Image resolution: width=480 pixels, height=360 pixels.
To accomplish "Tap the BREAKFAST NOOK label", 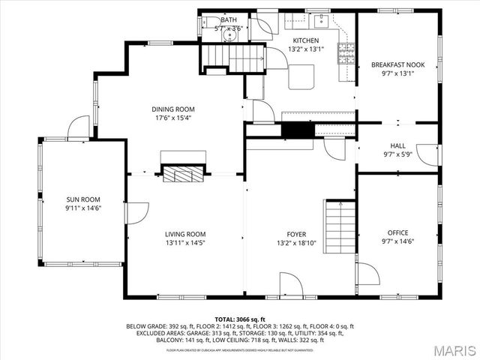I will coord(397,65).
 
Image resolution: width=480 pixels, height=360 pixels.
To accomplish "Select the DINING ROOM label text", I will coord(174,109).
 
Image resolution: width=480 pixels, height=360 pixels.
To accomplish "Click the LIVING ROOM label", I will coord(185,234).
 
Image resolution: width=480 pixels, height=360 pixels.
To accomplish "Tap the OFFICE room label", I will coord(397,232).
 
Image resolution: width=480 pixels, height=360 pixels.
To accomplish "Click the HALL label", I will coord(397,145).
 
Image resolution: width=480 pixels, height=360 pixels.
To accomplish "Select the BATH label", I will coord(228,20).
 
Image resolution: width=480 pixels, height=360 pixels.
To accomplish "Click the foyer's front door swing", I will coord(291,284).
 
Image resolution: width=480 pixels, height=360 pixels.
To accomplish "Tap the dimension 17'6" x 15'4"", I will coord(174,118).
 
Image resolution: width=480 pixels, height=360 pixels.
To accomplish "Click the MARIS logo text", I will coord(448,349).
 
